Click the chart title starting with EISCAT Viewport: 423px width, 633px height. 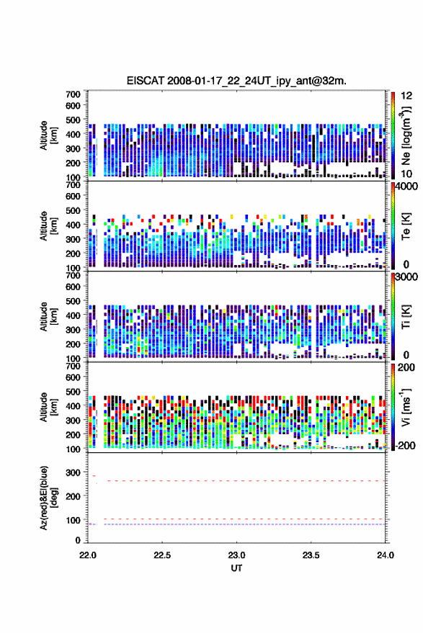point(236,81)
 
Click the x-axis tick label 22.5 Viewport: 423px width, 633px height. point(162,555)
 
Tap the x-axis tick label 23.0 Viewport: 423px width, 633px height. point(236,555)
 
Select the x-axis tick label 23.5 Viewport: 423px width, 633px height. point(311,555)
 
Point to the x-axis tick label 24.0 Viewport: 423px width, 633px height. point(385,555)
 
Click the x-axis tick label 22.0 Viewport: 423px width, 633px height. point(88,555)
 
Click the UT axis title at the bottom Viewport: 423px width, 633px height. point(236,568)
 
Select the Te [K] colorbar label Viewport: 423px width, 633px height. point(406,226)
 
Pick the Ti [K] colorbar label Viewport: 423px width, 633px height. point(406,317)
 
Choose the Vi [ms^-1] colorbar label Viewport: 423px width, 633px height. point(406,407)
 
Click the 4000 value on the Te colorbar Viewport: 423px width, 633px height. point(406,187)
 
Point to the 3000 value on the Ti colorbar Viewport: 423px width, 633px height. point(406,277)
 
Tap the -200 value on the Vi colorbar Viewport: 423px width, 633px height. point(404,445)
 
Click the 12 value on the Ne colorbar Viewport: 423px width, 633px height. point(406,96)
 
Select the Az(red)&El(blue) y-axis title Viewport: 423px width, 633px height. point(48,498)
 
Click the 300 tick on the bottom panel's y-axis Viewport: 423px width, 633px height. point(73,472)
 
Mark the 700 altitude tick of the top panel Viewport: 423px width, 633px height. point(73,94)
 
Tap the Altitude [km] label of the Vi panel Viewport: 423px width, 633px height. point(48,407)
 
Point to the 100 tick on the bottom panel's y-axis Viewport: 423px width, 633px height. point(73,521)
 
